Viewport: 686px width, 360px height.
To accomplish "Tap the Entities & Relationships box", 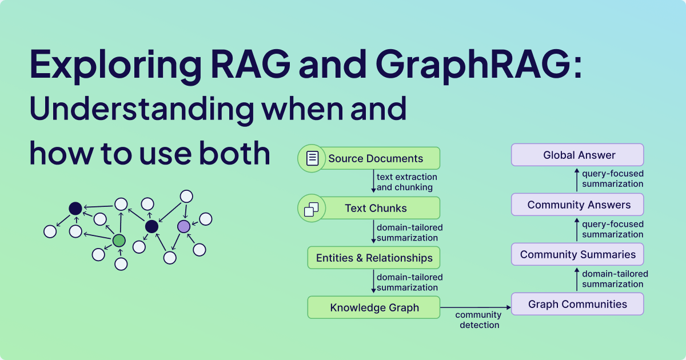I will pyautogui.click(x=374, y=258).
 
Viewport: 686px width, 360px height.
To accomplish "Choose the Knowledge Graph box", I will pyautogui.click(x=374, y=307).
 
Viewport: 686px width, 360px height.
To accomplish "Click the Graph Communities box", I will pyautogui.click(x=577, y=304).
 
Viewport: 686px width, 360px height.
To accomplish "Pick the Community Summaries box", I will pyautogui.click(x=577, y=254).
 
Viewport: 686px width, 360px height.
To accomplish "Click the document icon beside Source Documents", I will pyautogui.click(x=312, y=158).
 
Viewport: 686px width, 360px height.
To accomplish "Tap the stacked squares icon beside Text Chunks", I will pyautogui.click(x=312, y=209).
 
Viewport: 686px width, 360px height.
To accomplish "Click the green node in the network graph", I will pyautogui.click(x=119, y=241).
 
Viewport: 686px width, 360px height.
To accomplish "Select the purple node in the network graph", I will pyautogui.click(x=184, y=226).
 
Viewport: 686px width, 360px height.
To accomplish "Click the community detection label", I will pyautogui.click(x=478, y=320).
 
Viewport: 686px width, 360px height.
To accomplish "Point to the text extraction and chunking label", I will pyautogui.click(x=406, y=182).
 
